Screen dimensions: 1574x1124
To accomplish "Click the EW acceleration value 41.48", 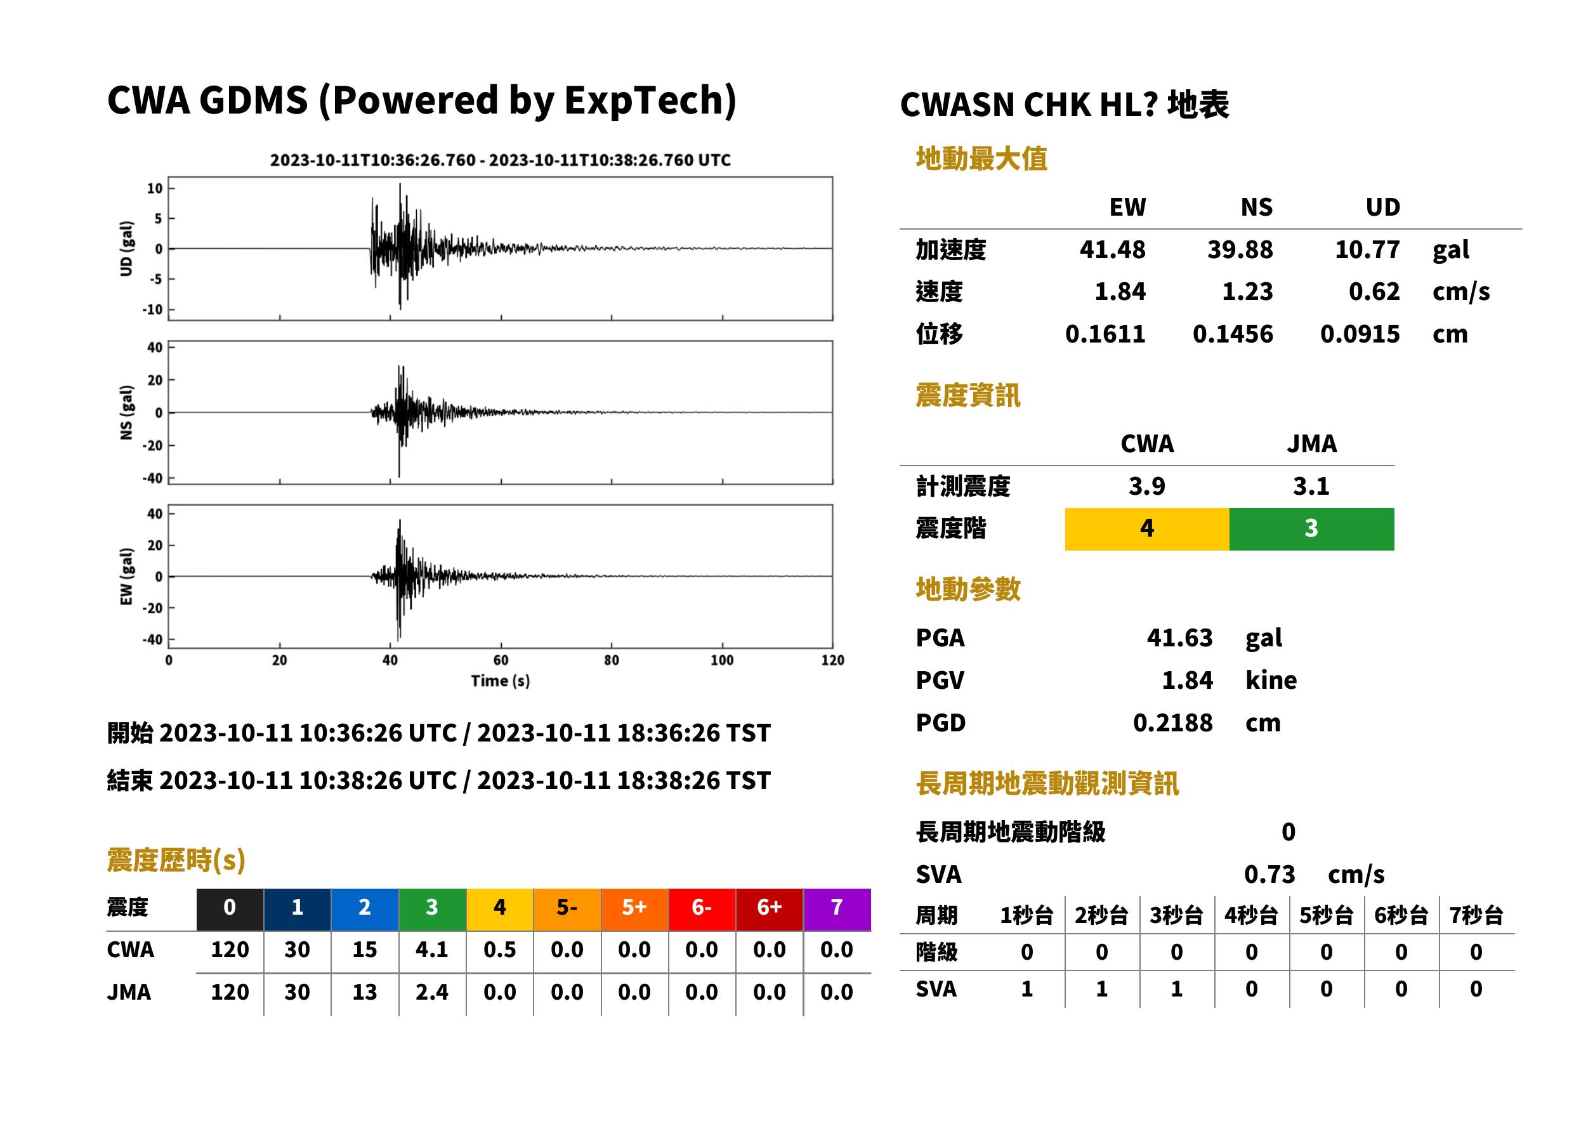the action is (x=1112, y=250).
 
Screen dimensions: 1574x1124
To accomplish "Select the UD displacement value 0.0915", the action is (x=1360, y=334).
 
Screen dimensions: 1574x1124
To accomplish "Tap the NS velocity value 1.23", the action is (x=1247, y=291).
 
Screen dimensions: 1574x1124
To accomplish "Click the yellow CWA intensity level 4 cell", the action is (x=1147, y=529).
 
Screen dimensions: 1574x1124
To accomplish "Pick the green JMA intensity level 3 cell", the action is (x=1312, y=529).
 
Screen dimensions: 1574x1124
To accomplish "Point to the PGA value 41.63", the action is (x=1179, y=637).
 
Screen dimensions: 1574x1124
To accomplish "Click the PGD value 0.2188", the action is (x=1172, y=722).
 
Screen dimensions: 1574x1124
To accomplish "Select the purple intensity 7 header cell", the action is (x=837, y=909).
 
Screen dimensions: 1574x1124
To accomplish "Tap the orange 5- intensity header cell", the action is (x=567, y=909).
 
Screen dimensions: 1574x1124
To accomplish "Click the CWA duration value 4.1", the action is (x=432, y=950).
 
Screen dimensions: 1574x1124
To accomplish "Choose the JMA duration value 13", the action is (x=365, y=993).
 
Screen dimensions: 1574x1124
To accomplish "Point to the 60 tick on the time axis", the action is (x=501, y=660).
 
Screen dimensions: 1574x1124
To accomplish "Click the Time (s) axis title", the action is (x=501, y=681).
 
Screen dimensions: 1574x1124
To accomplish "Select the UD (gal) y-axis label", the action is (x=126, y=249).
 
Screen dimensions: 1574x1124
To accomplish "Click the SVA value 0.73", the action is (x=1269, y=875).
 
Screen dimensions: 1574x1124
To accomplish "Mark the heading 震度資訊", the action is (x=967, y=396).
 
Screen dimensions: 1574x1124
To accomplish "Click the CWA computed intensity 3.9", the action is (x=1147, y=487).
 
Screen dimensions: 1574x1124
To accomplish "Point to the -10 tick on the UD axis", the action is (x=153, y=310).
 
